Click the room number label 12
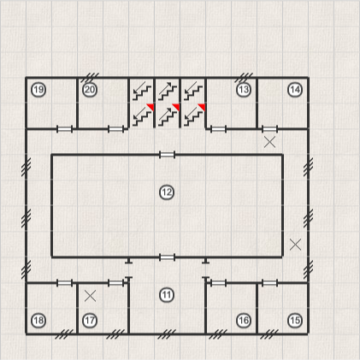(167, 192)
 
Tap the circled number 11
(167, 295)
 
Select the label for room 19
(38, 90)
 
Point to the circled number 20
(90, 90)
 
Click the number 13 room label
(244, 90)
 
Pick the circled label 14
(295, 90)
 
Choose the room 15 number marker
(295, 321)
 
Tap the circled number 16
(244, 321)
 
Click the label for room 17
(90, 321)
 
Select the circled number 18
(38, 321)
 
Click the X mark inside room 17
(91, 296)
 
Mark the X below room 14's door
(269, 142)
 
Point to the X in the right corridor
(295, 245)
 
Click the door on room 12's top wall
(167, 155)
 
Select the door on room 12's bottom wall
(167, 257)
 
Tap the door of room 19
(64, 129)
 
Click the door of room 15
(269, 283)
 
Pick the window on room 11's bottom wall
(167, 333)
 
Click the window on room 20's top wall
(90, 77)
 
